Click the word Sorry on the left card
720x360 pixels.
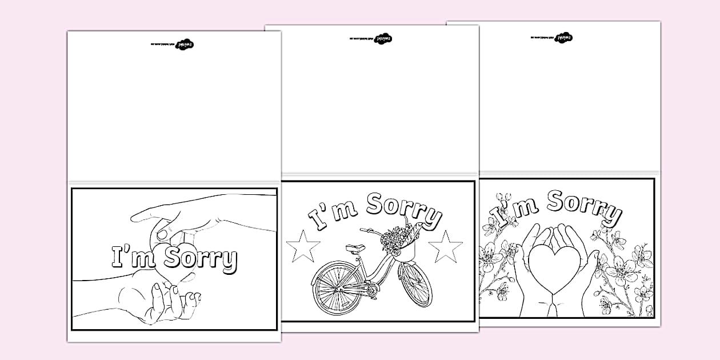tap(200, 259)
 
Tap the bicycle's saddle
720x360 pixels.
tap(354, 248)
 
